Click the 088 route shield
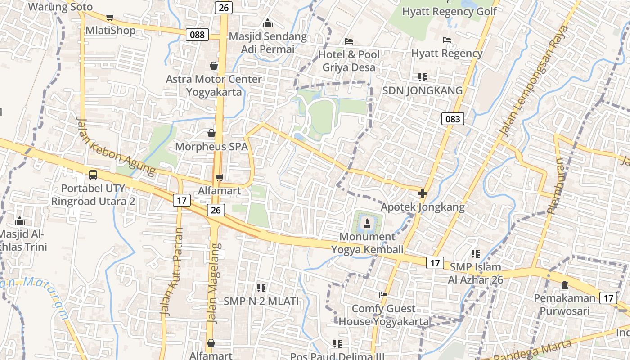coord(197,34)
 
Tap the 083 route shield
coord(452,119)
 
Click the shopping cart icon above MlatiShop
coord(110,18)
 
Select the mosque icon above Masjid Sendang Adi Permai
coord(268,22)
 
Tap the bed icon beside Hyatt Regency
coord(447,40)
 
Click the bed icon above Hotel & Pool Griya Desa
coord(349,41)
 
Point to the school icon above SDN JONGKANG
coord(422,77)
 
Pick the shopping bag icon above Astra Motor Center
coord(213,66)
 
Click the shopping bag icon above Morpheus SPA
coord(211,133)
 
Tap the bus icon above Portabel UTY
coord(93,175)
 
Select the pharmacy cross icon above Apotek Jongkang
coord(422,193)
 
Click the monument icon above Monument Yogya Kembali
coord(367,223)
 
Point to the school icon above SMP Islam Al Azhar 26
coord(475,254)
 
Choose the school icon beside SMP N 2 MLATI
coord(261,288)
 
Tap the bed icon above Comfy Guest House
coord(383,295)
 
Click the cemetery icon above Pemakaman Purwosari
coord(564,284)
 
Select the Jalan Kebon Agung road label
coord(116,147)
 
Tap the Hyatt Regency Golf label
coord(449,11)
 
